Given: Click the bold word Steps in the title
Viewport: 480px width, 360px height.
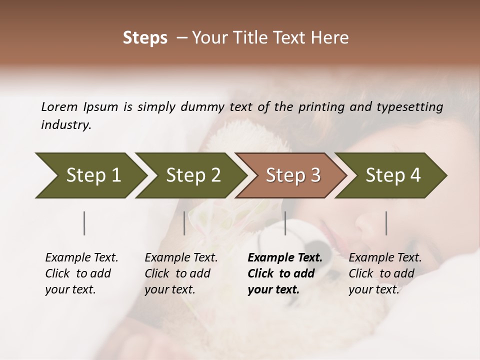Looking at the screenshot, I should point(145,38).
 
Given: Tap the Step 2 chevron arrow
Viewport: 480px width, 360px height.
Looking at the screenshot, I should point(190,175).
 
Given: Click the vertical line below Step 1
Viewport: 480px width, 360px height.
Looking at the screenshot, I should point(84,223).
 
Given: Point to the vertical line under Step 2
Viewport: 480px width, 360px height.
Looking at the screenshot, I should point(184,223).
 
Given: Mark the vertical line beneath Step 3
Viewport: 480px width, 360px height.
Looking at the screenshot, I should point(285,223).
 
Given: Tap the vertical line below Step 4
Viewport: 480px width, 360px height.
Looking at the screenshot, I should point(386,223).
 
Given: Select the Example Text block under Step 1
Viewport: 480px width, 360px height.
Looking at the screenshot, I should point(81,273).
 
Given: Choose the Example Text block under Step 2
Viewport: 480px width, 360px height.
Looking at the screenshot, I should point(181,273).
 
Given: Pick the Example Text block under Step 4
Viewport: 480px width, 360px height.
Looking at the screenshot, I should point(385,273).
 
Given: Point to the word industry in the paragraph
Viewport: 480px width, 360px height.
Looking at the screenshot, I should point(66,125).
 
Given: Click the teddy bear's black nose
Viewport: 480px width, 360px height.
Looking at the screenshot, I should point(316,246).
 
